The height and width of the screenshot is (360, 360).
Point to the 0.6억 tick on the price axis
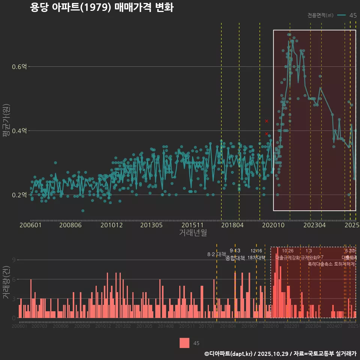pos(19,67)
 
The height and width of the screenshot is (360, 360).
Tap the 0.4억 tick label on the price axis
pos(19,131)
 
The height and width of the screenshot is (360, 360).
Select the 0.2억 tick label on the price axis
pos(19,195)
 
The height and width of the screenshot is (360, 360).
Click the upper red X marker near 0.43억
pos(266,121)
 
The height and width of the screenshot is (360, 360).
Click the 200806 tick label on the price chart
pos(70,225)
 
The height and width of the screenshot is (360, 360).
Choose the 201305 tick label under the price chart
pos(151,225)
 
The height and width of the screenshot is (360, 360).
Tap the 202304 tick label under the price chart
pos(314,225)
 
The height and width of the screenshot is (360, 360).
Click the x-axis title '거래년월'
pos(193,233)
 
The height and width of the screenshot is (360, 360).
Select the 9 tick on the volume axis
pos(14,260)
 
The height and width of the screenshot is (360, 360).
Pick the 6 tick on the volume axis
pos(14,279)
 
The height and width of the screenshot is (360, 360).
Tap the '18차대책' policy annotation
pos(256,258)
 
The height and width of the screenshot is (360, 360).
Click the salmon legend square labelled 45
pos(184,343)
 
